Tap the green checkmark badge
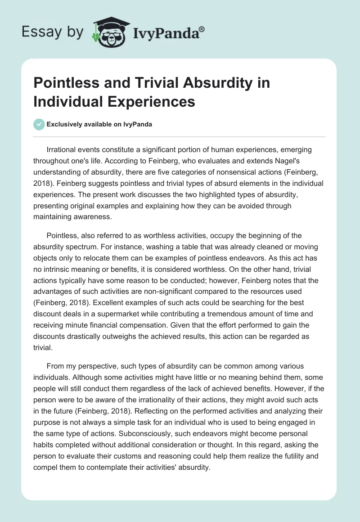[x=39, y=124]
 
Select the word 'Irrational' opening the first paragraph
[x=63, y=150]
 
